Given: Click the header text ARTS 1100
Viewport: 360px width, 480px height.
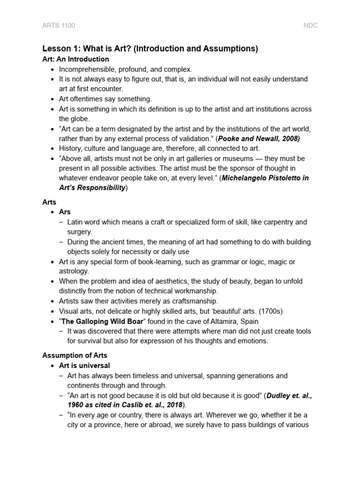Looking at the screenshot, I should coord(59,25).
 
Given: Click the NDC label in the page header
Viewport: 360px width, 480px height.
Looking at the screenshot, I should coord(310,25).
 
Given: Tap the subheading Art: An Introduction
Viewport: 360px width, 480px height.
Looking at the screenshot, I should coord(75,59).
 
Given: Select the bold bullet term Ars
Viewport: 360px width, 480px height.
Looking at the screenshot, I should coord(65,212).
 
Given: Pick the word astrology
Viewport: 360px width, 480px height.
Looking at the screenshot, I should coord(74,271).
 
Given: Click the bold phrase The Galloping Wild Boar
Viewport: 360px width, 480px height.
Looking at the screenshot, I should coord(102,321).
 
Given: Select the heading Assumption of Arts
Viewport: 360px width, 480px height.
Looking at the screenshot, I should coord(75,355).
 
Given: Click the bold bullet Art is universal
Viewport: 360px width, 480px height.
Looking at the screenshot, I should coord(84,365).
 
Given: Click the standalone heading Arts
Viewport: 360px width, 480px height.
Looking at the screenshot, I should coord(49,202).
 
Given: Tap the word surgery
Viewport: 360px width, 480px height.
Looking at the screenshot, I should coord(80,232).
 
